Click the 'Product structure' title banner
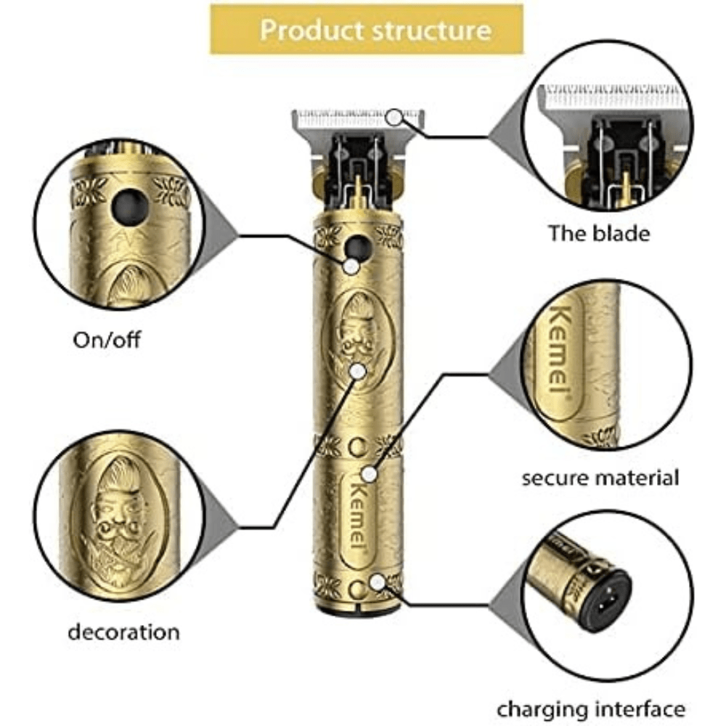[x=366, y=29]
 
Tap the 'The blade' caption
[x=599, y=233]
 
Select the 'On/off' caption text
[x=107, y=340]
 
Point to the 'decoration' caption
[x=123, y=631]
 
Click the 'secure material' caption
[x=600, y=478]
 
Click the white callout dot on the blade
[x=394, y=116]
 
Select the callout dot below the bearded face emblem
[x=356, y=370]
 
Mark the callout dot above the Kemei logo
[x=370, y=474]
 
